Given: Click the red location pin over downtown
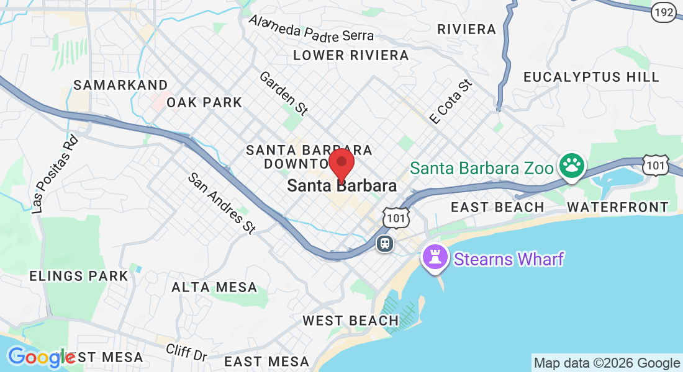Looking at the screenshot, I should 341,164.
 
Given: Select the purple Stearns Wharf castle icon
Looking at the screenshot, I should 435,257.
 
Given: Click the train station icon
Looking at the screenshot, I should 385,243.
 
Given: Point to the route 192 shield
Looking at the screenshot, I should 664,12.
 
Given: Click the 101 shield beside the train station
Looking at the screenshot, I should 396,218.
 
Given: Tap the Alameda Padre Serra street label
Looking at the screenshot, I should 312,29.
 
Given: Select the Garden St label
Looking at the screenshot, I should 284,93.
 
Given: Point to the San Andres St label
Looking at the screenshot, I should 222,203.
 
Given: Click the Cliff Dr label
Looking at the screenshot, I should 186,353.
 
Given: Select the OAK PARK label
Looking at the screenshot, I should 204,102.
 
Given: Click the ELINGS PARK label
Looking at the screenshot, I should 79,276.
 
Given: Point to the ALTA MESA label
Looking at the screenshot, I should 214,287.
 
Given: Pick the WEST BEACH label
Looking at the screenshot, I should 351,321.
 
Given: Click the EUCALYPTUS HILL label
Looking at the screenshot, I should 591,77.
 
